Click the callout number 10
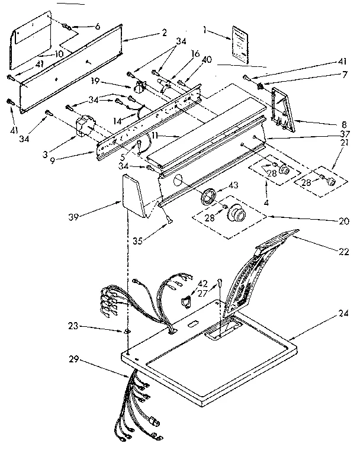point(59,53)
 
